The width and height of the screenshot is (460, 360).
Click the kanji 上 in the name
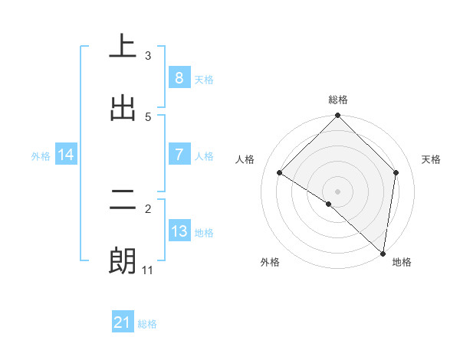(x=123, y=46)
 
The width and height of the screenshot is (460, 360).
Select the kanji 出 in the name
(x=123, y=107)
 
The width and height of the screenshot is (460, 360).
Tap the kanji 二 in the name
(x=123, y=201)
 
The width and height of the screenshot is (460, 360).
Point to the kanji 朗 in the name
(x=123, y=261)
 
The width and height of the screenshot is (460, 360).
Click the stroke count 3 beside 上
(x=148, y=55)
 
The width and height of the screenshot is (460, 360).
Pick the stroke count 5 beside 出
(x=148, y=116)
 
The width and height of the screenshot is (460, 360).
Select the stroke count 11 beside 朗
(x=148, y=270)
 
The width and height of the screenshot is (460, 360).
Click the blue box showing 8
(x=179, y=77)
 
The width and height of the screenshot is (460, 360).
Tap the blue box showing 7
(x=179, y=155)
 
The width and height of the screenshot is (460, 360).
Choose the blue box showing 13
(x=179, y=231)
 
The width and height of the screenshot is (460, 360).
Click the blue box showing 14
(x=66, y=155)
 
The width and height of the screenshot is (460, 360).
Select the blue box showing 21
(x=123, y=322)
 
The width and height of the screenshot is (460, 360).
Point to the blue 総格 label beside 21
(x=147, y=324)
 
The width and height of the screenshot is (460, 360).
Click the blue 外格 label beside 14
(x=41, y=155)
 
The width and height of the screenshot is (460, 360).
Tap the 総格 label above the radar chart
(x=338, y=100)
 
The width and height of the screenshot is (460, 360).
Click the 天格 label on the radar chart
(x=432, y=159)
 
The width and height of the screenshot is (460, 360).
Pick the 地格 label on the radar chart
(x=402, y=262)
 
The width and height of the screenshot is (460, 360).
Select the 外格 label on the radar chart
(x=270, y=262)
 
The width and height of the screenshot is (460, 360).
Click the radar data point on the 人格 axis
(x=280, y=172)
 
